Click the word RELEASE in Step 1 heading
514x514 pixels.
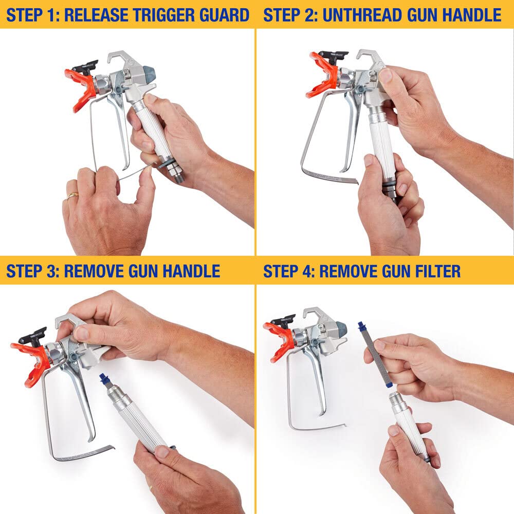point(98,14)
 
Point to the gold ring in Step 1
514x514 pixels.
point(72,195)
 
